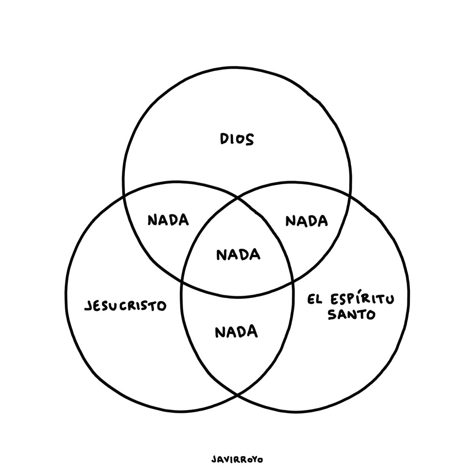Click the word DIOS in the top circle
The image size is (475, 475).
(237, 139)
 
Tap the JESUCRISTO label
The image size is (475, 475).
(125, 306)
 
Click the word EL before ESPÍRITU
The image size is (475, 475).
(315, 300)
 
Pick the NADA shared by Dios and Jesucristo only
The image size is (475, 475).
(168, 220)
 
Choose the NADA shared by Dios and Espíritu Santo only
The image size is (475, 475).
(307, 220)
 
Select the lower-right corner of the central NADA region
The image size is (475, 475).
(293, 282)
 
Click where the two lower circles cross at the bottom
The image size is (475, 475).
(237, 395)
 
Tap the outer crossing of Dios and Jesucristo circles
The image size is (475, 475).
(124, 196)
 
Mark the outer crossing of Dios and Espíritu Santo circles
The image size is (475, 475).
(350, 197)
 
